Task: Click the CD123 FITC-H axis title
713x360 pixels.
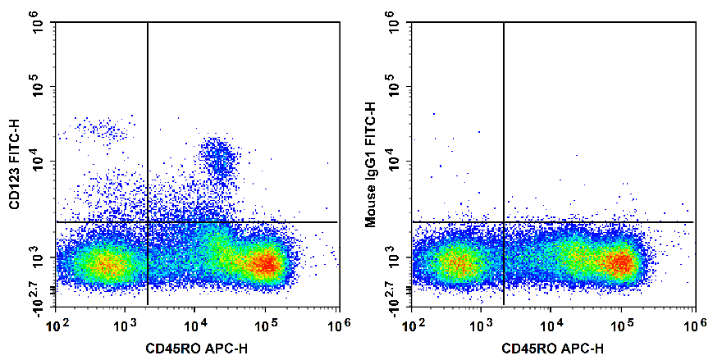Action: (x=14, y=162)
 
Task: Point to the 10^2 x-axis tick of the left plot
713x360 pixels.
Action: (x=56, y=325)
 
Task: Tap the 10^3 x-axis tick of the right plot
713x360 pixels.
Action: (x=481, y=325)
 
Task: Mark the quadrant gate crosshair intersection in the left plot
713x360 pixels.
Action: (x=148, y=222)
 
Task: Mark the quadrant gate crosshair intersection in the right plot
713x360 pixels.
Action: (x=504, y=222)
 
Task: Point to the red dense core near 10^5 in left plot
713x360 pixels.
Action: (x=265, y=263)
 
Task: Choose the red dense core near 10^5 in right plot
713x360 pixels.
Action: (x=621, y=263)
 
